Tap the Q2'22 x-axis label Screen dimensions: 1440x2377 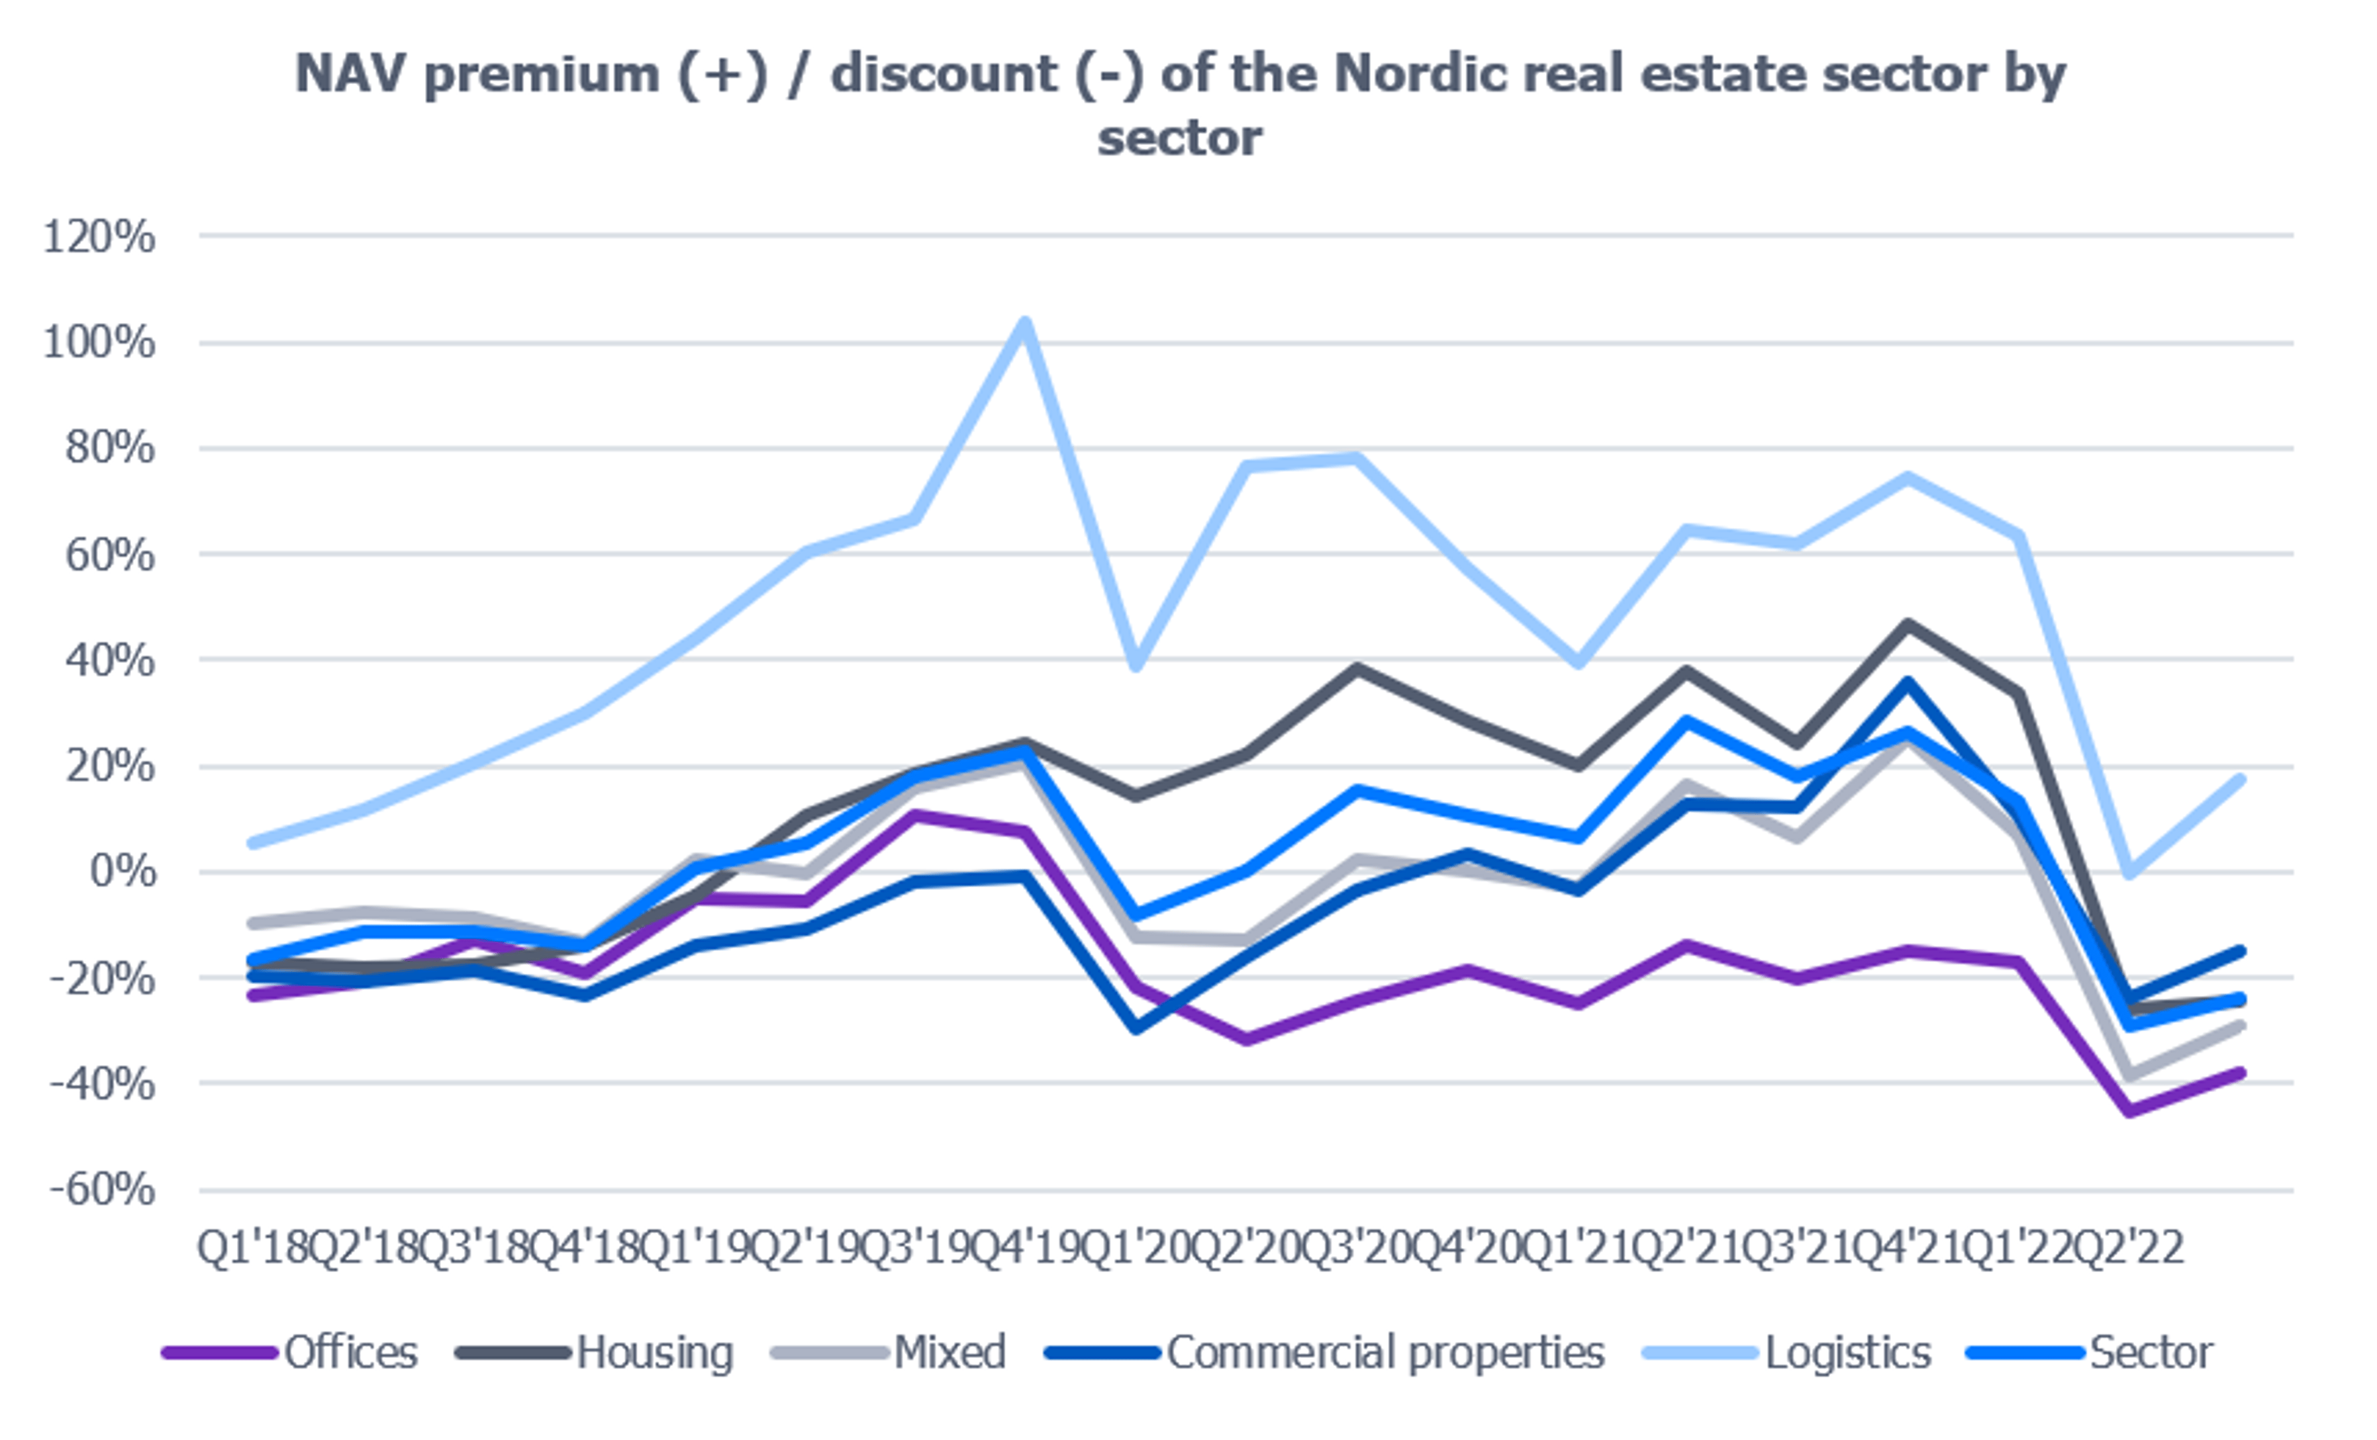(x=2130, y=1248)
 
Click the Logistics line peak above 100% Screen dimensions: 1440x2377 (x=1024, y=322)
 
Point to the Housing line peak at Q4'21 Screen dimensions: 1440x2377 (x=1907, y=625)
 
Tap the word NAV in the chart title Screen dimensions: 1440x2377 (x=350, y=75)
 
